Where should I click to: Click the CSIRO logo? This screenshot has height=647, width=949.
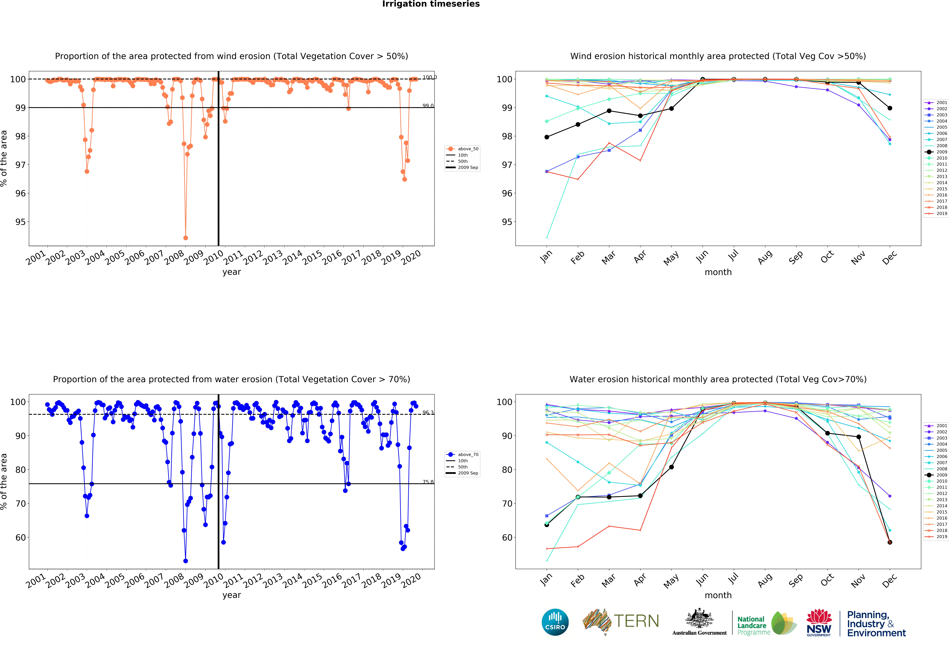pos(555,622)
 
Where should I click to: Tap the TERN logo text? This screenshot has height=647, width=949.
pos(636,621)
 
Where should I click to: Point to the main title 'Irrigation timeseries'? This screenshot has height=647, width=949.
pos(431,4)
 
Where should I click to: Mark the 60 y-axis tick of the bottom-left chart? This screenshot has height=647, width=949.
pos(20,537)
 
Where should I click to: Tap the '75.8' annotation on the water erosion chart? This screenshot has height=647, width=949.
pos(428,482)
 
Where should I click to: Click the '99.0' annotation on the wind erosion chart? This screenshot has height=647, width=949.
pos(428,106)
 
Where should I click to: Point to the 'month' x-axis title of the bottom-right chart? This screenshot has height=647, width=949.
pos(718,595)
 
